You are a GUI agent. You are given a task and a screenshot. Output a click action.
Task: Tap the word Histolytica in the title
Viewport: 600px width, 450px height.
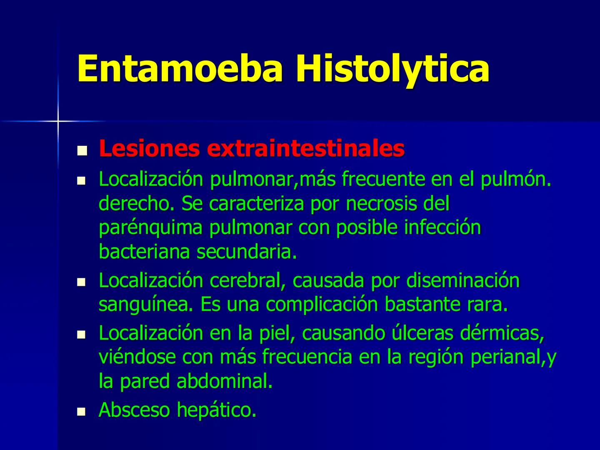pyautogui.click(x=392, y=69)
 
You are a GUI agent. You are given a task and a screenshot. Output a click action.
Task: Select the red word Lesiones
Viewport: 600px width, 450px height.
pyautogui.click(x=150, y=149)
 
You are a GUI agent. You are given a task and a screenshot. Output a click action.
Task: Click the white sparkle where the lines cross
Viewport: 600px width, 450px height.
pyautogui.click(x=58, y=121)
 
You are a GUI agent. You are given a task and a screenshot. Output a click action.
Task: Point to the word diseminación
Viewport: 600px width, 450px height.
pyautogui.click(x=463, y=280)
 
